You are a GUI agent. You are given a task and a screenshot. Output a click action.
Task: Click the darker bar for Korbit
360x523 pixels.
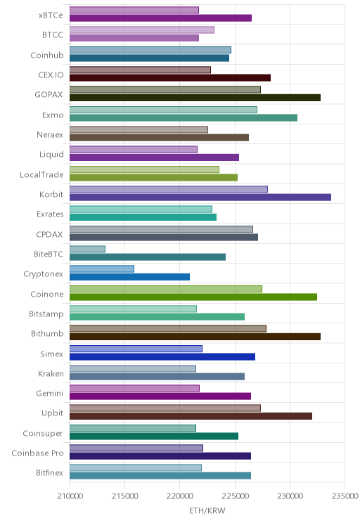pos(200,197)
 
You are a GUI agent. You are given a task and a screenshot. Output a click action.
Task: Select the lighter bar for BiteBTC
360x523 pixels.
pos(87,249)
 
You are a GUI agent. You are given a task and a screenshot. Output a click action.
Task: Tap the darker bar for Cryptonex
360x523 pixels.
pos(130,277)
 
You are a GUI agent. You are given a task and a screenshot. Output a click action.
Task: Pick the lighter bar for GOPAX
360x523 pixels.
pos(165,89)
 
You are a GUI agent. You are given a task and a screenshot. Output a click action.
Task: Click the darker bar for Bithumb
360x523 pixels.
pos(195,337)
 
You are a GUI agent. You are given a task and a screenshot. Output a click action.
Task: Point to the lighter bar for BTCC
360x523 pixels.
pos(142,30)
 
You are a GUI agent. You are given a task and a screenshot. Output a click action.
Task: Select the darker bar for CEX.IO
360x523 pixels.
pos(170,78)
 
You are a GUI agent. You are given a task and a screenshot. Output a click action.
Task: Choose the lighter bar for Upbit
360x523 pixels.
pos(165,408)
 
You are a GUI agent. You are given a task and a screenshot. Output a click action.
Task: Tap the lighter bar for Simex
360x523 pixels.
pos(136,349)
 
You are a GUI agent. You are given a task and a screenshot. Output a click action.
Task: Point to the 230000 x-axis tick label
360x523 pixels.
pos(290,496)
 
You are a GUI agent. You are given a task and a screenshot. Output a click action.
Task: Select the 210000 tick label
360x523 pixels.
pos(70,496)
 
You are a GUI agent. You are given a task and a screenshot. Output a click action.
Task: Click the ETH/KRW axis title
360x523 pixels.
pos(207,510)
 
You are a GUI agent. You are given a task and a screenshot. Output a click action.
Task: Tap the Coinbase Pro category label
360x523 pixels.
pos(37,453)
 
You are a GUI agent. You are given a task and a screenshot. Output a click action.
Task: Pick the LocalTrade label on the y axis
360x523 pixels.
pos(41,174)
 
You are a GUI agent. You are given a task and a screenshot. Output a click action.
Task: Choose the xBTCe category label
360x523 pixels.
pos(51,15)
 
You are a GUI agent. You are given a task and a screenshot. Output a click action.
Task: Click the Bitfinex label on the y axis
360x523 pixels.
pos(49,472)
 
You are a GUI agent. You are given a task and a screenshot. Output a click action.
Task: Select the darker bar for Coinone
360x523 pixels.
pos(193,297)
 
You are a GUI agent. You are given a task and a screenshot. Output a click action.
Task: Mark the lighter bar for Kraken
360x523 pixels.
pos(133,368)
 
